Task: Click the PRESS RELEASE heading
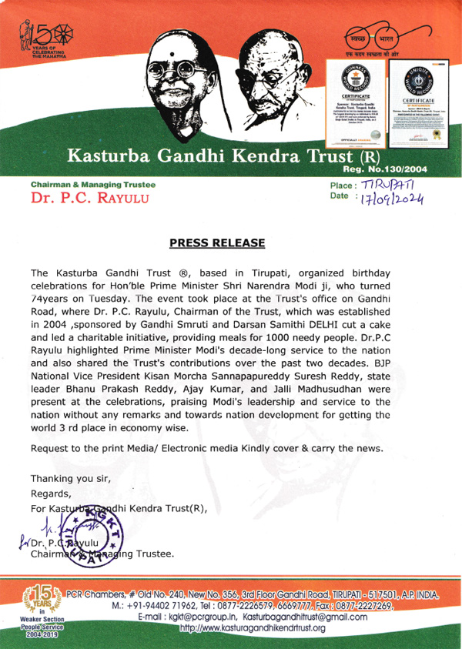pos(217,243)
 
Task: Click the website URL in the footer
pos(252,628)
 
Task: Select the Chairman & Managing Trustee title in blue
pos(92,185)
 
